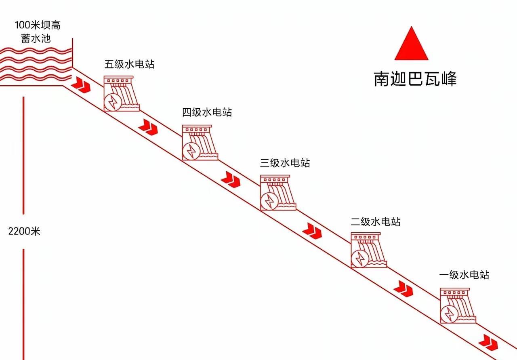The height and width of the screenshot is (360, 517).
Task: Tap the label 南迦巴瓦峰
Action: pos(415,79)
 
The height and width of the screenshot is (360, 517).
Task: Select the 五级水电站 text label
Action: pos(130,64)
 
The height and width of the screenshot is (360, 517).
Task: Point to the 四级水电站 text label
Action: pos(207,112)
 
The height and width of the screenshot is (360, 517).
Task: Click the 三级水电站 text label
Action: pos(285,163)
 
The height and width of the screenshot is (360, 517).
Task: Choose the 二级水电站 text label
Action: pos(376,222)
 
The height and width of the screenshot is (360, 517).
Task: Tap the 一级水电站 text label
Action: pos(464,275)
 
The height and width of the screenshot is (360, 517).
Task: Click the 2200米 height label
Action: pos(24,231)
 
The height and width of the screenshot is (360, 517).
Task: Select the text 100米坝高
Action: pos(38,25)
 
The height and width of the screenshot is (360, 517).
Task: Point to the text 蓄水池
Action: pos(36,38)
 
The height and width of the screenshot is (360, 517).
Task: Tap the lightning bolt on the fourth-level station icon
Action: pos(191,151)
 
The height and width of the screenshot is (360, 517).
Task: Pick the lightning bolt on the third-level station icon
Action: pos(269,201)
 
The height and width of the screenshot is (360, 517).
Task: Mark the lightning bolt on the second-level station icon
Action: pos(360,259)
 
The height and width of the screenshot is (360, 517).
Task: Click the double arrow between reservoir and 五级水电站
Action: pos(81,85)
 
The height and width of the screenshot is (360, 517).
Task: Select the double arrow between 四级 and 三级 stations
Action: pos(231,179)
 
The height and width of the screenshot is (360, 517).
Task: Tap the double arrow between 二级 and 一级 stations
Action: pos(403,288)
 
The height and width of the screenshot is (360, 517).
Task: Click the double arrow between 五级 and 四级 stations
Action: pos(148,127)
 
